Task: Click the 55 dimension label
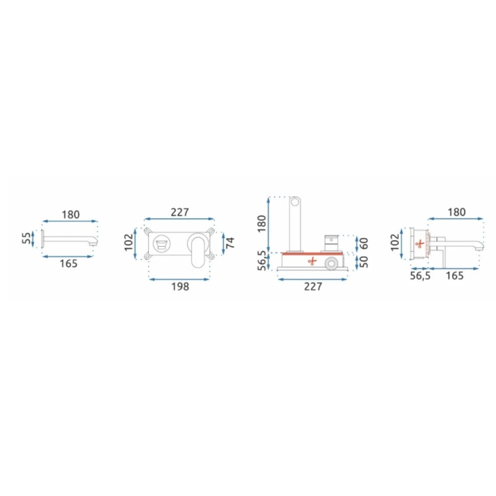(x=27, y=238)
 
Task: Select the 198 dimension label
(x=180, y=287)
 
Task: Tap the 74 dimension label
(x=231, y=243)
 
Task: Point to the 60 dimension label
(x=365, y=244)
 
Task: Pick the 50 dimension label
(x=365, y=261)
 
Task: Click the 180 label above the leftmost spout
(x=70, y=215)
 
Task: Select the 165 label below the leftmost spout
(x=68, y=263)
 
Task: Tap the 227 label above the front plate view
(x=180, y=212)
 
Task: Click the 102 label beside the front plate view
(x=129, y=243)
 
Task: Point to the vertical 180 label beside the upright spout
(x=262, y=224)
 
